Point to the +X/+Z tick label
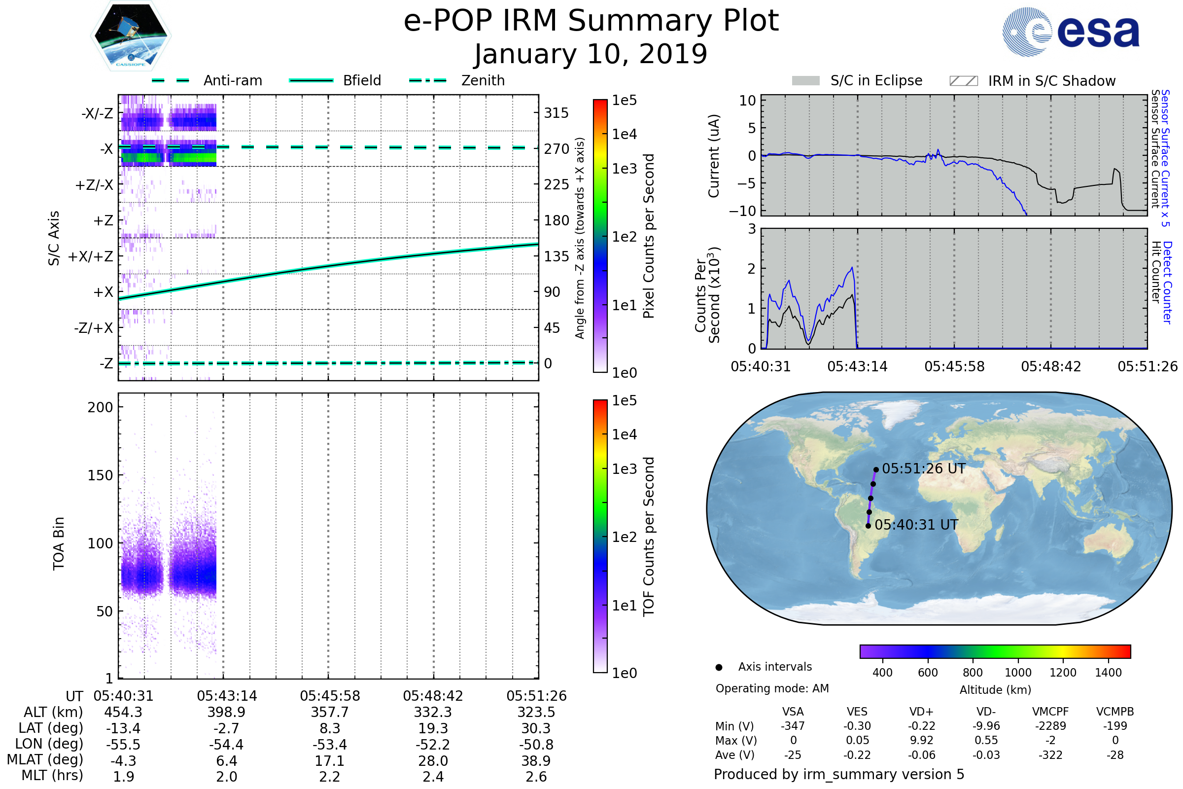[91, 256]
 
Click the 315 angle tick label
[556, 113]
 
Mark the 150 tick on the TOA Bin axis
[100, 475]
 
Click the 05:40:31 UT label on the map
[916, 525]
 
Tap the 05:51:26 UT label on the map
[923, 468]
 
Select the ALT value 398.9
[226, 712]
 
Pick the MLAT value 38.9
[536, 760]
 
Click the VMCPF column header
[1050, 712]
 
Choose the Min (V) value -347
[793, 726]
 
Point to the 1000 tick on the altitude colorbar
[1018, 673]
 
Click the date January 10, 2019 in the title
[591, 54]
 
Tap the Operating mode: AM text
[772, 688]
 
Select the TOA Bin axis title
[58, 543]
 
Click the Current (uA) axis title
[714, 156]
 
